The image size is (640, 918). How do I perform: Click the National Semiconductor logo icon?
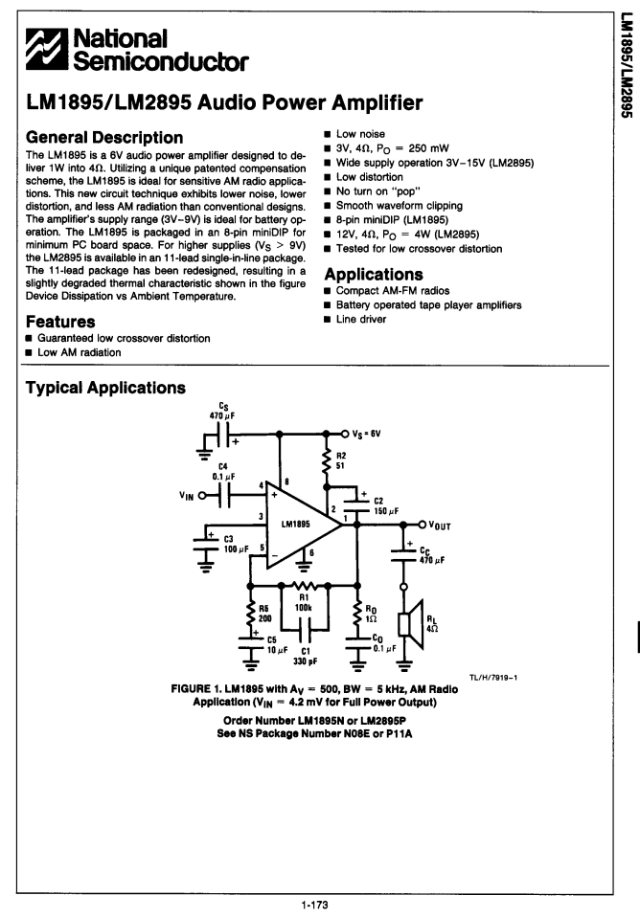point(47,49)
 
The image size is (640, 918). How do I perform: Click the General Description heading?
point(104,138)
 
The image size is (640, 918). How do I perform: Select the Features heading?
point(60,322)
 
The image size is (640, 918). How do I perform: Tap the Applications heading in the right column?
point(374,275)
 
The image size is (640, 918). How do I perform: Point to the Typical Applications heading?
point(105,388)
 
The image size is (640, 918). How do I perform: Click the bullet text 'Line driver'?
point(361,319)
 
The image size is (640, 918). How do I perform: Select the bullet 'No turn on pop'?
point(378,190)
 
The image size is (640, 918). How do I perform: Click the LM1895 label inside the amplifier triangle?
point(295,524)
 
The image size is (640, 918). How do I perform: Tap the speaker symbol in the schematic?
point(411,624)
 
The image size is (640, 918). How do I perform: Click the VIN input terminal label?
point(186,496)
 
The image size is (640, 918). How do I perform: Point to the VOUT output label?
point(440,526)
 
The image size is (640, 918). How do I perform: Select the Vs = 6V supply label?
point(366,434)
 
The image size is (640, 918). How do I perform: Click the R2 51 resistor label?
point(340,460)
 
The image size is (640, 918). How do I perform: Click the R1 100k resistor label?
point(304,602)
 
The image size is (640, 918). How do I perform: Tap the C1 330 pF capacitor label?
point(306,656)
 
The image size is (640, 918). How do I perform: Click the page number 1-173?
point(314,906)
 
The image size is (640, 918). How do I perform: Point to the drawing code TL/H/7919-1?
point(492,678)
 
